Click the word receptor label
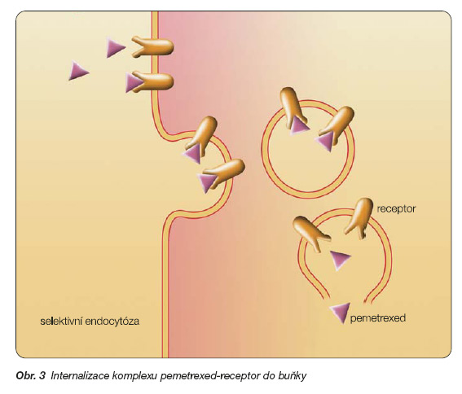pyautogui.click(x=396, y=209)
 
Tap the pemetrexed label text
pyautogui.click(x=378, y=318)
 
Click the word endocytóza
pyautogui.click(x=112, y=321)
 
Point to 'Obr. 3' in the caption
pyautogui.click(x=31, y=376)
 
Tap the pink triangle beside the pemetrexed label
pyautogui.click(x=341, y=312)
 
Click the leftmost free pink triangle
pyautogui.click(x=78, y=71)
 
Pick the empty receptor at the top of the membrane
pyautogui.click(x=152, y=47)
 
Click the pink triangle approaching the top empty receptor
pyautogui.click(x=115, y=47)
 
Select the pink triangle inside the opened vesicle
pyautogui.click(x=341, y=260)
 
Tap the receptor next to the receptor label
pyautogui.click(x=359, y=217)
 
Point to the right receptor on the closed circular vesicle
pyautogui.click(x=337, y=124)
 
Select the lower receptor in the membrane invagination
pyautogui.click(x=225, y=173)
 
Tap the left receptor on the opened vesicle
pyautogui.click(x=310, y=232)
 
